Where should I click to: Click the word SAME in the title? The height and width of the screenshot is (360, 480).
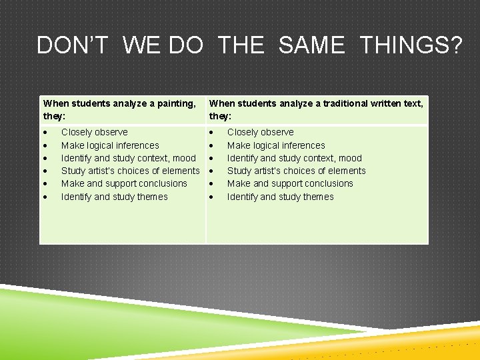coord(311,45)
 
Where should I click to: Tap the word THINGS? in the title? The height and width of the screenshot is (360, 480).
coord(411,45)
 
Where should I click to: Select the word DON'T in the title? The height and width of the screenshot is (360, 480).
coord(73,45)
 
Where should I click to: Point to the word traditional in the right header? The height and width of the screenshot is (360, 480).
coord(343,103)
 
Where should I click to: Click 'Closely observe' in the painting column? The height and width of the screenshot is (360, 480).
coord(94,132)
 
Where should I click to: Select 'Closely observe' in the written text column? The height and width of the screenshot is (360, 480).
coord(260,132)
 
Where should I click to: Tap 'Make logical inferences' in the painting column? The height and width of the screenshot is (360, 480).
coord(110,145)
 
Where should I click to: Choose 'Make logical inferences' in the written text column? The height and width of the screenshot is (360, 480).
coord(276,145)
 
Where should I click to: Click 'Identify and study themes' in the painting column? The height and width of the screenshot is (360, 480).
coord(114,197)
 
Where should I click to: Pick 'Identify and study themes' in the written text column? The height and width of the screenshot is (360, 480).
coord(280,197)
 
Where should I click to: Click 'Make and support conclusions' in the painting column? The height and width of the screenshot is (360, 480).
coord(124,183)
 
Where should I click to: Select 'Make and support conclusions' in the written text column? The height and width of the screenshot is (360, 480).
coord(290,183)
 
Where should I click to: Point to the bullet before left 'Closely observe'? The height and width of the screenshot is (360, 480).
coord(45,133)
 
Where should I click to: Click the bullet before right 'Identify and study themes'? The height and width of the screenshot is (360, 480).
coord(211,197)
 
